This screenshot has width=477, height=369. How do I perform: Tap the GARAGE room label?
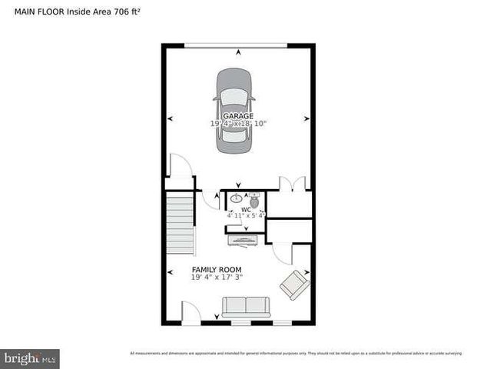coord(238,116)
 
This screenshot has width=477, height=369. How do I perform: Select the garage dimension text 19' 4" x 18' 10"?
coord(238,124)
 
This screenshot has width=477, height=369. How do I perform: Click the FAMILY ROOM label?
coord(217,270)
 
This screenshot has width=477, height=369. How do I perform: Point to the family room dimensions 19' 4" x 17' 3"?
coord(217,277)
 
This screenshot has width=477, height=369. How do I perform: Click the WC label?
coord(246,209)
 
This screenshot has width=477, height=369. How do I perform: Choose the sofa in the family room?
coord(246,307)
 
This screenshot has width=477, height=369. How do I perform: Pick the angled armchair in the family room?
coord(295,285)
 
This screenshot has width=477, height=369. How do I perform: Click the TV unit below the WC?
coord(245,242)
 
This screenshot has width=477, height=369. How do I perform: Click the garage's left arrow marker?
coord(170,118)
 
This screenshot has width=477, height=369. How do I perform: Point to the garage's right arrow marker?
coord(306,118)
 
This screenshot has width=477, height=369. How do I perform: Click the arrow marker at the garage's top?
coord(238,52)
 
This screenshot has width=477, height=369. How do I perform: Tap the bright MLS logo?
coord(30,358)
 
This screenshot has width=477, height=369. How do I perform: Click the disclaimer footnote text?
coord(296,354)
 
